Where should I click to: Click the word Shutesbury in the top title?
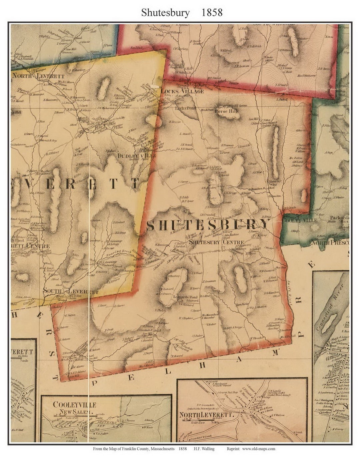pos(165,12)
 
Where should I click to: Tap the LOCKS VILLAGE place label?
pos(182,91)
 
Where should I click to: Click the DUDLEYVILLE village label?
pos(137,156)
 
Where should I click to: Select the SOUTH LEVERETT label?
pos(71,291)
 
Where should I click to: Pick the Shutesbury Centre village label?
pos(216,242)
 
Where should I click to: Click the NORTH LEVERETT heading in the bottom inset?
pos(206,415)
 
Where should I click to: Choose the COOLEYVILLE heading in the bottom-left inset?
pos(74,405)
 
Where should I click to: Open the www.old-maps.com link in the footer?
pos(258,449)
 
